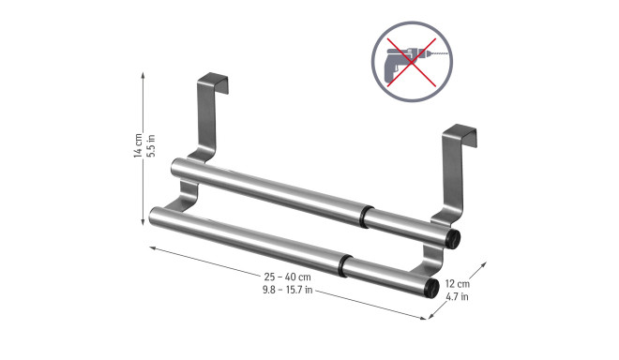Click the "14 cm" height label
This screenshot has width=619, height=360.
pos(138,145)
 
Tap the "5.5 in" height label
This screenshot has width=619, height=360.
pos(151,145)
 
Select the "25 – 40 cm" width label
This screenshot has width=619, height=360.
pos(287,277)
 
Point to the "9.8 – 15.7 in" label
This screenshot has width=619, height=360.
pos(287,290)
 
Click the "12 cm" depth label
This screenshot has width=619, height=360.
pos(458,283)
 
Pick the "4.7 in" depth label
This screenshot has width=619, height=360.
pos(457,296)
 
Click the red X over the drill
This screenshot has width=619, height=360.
pos(412,62)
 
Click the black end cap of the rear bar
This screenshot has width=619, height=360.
pos(453,239)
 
